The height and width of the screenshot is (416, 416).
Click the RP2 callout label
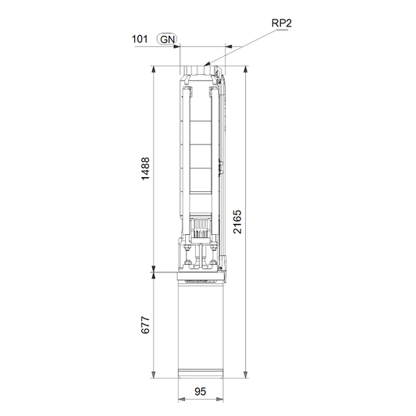click(x=282, y=23)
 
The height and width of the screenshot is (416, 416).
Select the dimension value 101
click(x=140, y=39)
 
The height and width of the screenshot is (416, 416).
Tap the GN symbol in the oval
click(x=167, y=39)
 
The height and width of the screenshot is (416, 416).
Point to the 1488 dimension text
click(x=145, y=169)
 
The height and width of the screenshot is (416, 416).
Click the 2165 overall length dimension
click(x=237, y=222)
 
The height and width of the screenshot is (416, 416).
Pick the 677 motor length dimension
click(x=145, y=325)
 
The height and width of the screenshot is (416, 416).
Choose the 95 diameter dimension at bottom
click(x=200, y=391)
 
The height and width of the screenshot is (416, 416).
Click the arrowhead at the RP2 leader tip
click(x=207, y=64)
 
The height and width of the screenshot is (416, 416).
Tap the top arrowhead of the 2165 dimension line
click(x=246, y=69)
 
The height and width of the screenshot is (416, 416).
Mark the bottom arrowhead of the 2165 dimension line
click(x=246, y=375)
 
